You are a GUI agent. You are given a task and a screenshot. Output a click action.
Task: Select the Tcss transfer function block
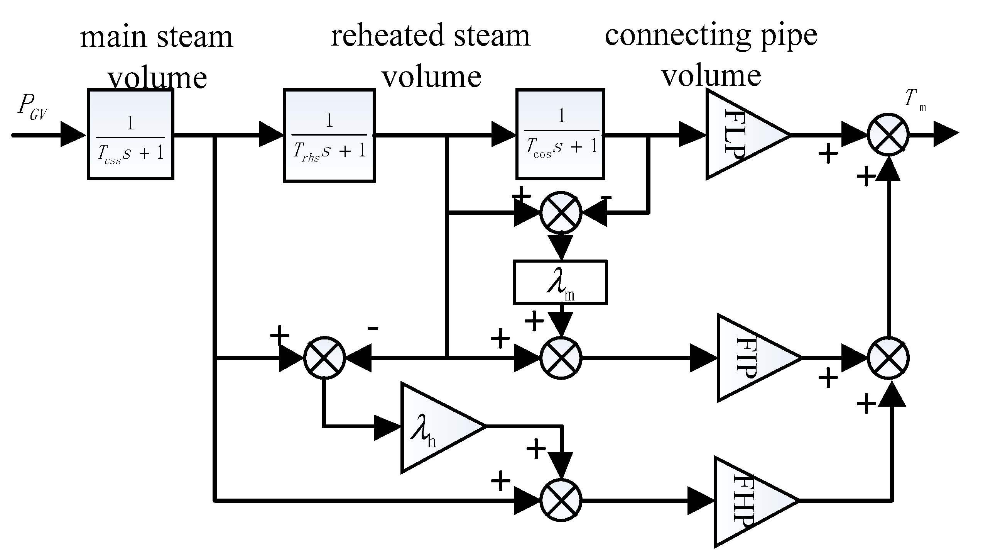coord(130,134)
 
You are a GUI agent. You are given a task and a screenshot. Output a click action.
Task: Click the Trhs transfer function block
coord(329,135)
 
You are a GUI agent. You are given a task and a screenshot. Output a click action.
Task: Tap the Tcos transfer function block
coord(560,134)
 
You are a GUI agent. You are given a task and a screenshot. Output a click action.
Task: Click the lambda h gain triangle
coord(436,427)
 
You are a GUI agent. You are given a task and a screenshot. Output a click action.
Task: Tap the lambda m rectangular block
coord(560,282)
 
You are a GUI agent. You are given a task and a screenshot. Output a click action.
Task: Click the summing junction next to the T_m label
coord(888,135)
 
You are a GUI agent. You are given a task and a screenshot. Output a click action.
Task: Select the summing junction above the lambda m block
coord(560,212)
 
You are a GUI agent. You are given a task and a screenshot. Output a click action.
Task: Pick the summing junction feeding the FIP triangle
coord(560,358)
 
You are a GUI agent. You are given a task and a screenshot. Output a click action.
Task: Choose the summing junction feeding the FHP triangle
coord(560,501)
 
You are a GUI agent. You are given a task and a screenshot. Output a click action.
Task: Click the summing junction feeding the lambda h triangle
coord(324,358)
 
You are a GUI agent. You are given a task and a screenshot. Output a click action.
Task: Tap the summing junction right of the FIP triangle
coord(888,358)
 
